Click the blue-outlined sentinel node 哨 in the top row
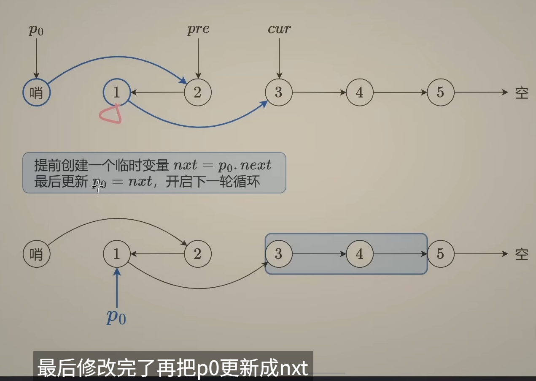coord(36,93)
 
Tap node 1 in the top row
coord(117,92)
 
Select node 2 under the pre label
coord(197,92)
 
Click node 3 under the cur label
coord(278,92)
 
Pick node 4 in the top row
coord(359,92)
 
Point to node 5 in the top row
coord(440,92)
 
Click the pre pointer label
coord(198,29)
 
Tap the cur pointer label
coord(279,29)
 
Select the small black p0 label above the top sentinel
coord(36,30)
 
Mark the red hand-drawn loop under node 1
coord(111,114)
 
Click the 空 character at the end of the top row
coord(521,93)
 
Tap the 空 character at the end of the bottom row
coord(521,254)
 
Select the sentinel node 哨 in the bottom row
coord(36,254)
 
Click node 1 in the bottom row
coord(117,254)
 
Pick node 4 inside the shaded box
coord(359,254)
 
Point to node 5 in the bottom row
coord(440,254)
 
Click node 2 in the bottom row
coord(197,254)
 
